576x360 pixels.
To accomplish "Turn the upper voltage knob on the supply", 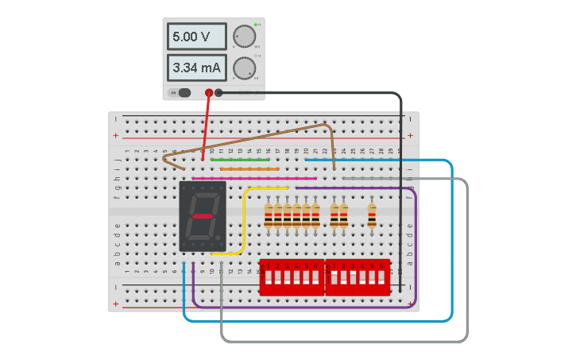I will pyautogui.click(x=244, y=37).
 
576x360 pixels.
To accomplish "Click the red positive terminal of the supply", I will pyautogui.click(x=209, y=93).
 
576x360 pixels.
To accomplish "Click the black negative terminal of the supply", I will pyautogui.click(x=218, y=93).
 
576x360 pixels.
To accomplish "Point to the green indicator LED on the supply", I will pyautogui.click(x=256, y=25).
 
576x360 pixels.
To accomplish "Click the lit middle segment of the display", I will pyautogui.click(x=203, y=216).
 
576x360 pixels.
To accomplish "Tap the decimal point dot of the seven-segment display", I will pyautogui.click(x=221, y=238).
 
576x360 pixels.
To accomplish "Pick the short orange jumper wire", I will pyautogui.click(x=249, y=168).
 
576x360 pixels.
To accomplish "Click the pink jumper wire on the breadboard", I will pyautogui.click(x=254, y=178).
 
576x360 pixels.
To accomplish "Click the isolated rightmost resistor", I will pyautogui.click(x=372, y=215).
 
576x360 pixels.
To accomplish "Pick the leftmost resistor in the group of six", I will pyautogui.click(x=269, y=215).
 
